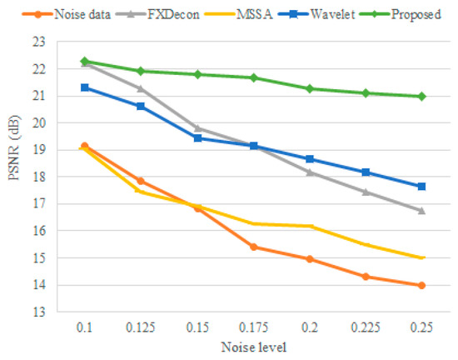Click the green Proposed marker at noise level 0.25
(x=421, y=96)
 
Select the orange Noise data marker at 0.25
(x=421, y=285)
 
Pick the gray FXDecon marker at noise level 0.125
(x=140, y=88)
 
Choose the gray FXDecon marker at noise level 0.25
(x=421, y=211)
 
